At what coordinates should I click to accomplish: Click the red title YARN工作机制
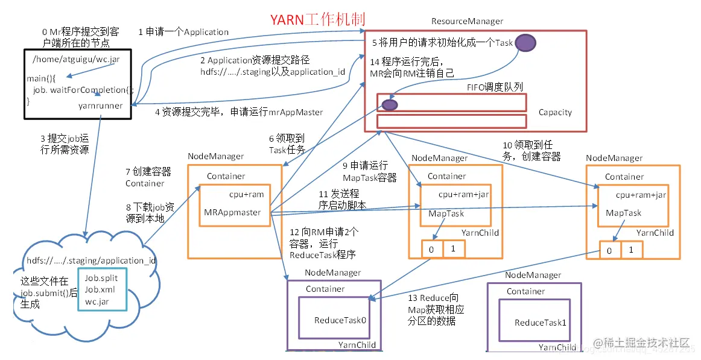coord(317,20)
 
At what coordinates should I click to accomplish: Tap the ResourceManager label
coord(467,21)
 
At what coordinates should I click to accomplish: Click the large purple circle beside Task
coord(525,42)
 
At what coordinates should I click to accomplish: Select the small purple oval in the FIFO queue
coord(390,105)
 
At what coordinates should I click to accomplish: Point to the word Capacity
coord(555,112)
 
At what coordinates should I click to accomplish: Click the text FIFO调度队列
coord(495,87)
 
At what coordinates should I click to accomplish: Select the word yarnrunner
coord(101,106)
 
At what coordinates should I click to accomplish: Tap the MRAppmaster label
coord(232,212)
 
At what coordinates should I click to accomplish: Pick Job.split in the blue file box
coord(101,278)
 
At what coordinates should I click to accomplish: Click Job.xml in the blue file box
coord(99,289)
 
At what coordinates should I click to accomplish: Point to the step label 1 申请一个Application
coord(183,32)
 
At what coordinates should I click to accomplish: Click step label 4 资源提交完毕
coord(239,112)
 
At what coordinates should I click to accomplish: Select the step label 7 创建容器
coord(148,177)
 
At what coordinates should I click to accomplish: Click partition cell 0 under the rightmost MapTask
coord(609,250)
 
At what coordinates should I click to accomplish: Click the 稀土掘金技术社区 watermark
coord(642,343)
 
